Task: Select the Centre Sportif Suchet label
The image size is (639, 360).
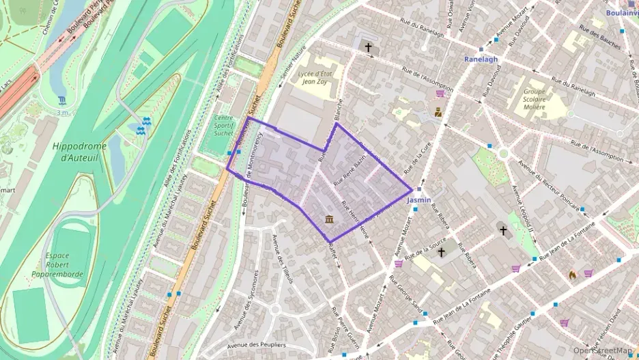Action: click(223, 125)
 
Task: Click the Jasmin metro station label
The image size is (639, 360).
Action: click(418, 201)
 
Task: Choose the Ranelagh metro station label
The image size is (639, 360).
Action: click(481, 59)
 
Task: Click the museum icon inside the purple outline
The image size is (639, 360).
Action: click(329, 219)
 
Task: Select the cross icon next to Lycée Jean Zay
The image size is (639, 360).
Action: click(369, 48)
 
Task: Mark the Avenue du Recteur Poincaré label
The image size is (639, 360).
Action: click(548, 184)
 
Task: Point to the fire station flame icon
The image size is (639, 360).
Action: click(572, 274)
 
